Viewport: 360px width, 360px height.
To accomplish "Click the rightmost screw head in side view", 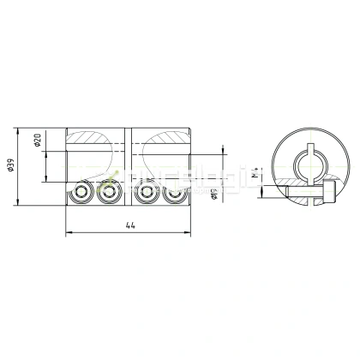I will point(175,194).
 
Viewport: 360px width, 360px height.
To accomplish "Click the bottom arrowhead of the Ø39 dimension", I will point(18,205).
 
